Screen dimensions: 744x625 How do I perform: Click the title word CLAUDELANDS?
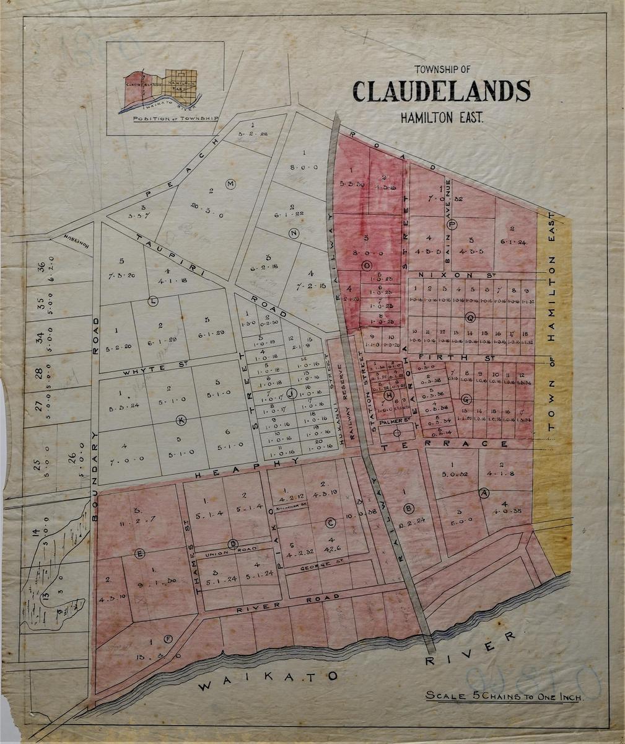click(x=441, y=92)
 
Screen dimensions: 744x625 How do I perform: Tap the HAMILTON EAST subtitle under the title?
click(x=441, y=115)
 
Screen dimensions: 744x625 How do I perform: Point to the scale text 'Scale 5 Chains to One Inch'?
click(x=504, y=696)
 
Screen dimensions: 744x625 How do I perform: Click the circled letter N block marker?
click(x=294, y=232)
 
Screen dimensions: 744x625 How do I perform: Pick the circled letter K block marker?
click(x=181, y=418)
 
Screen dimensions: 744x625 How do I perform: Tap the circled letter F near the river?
click(x=168, y=639)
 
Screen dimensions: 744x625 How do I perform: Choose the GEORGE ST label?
click(x=316, y=567)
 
